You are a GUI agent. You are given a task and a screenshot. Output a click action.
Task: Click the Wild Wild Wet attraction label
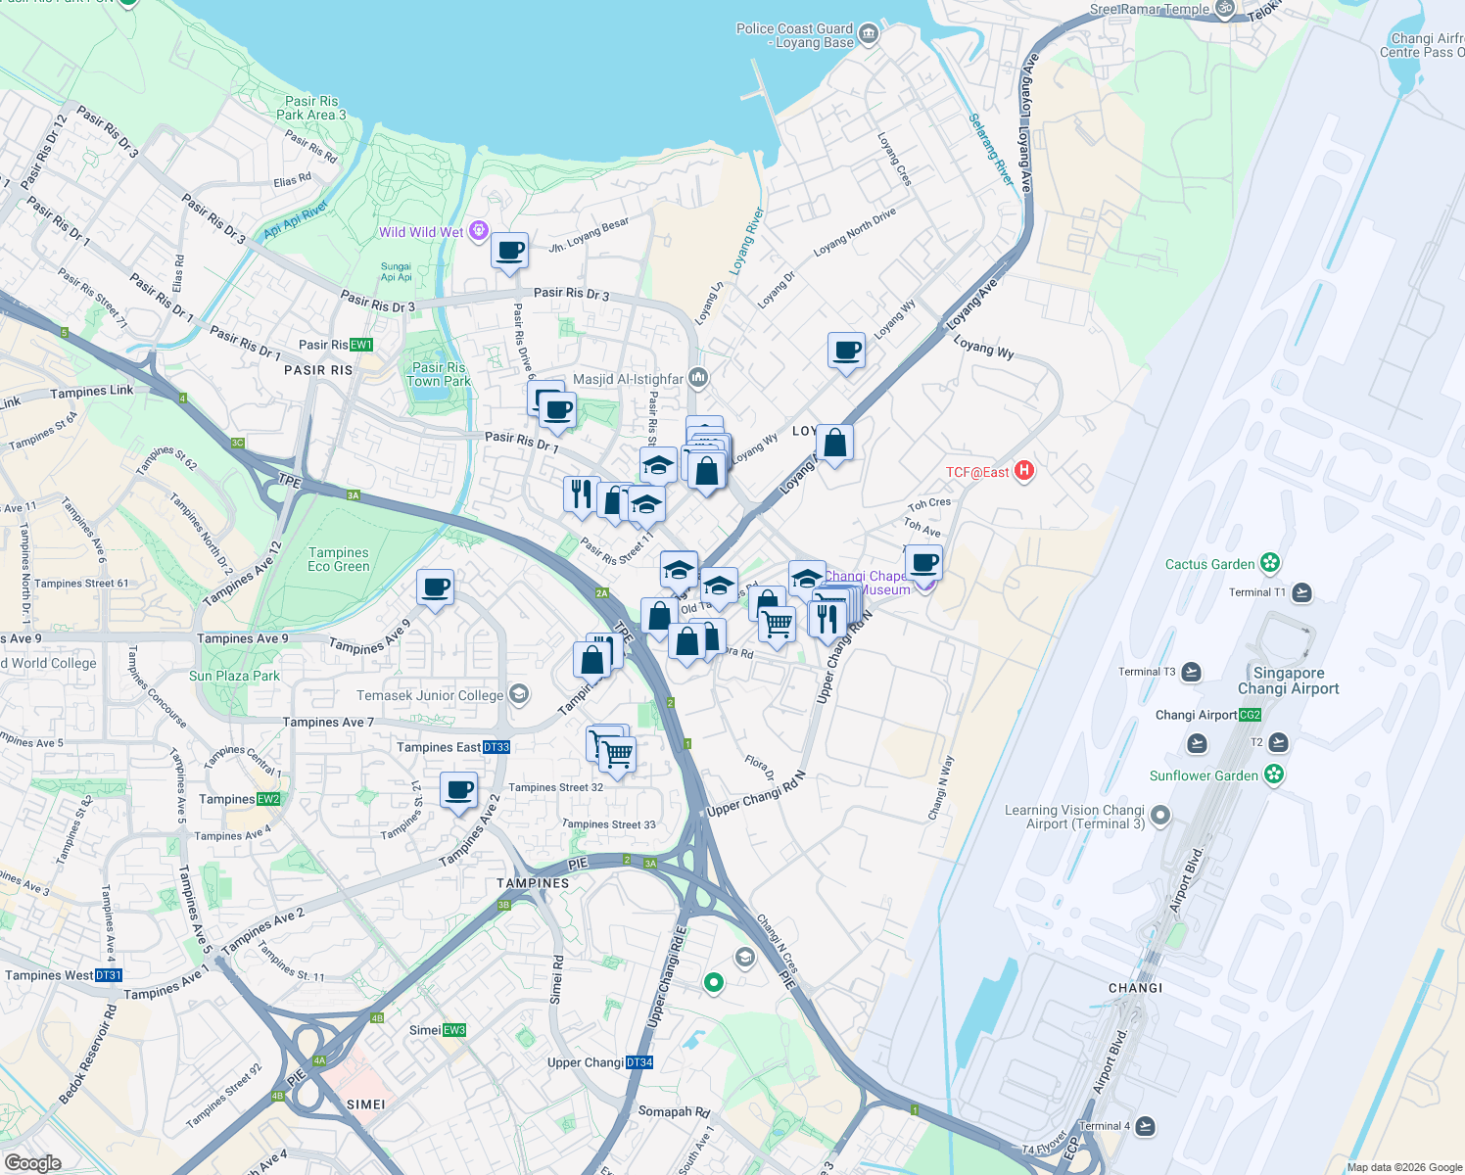tap(421, 232)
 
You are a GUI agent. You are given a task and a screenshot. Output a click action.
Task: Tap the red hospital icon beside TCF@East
tap(1023, 471)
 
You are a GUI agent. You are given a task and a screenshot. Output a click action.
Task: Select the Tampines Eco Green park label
tap(339, 559)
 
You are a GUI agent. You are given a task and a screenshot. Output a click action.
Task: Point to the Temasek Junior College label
tap(430, 695)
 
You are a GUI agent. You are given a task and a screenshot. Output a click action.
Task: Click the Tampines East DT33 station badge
tap(496, 747)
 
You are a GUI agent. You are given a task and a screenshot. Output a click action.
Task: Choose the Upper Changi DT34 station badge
tap(638, 1062)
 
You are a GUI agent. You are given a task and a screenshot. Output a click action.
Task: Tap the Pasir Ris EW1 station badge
tap(361, 345)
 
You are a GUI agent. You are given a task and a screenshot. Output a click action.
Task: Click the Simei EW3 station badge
tap(454, 1030)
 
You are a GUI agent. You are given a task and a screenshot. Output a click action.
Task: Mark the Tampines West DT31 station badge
tap(109, 975)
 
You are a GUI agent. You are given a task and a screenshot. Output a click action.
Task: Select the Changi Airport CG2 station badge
tap(1251, 715)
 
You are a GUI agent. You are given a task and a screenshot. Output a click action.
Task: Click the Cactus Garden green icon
tap(1270, 563)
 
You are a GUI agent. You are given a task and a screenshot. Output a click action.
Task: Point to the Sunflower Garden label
tap(1204, 775)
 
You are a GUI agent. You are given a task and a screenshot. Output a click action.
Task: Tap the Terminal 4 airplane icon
tap(1145, 1126)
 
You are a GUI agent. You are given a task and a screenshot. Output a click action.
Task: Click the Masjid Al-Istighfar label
tap(628, 379)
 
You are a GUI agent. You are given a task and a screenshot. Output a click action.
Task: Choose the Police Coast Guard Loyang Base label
tap(794, 35)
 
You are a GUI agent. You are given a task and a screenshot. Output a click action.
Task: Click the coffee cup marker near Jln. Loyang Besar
tap(509, 251)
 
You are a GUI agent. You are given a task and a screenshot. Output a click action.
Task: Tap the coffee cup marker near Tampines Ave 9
tap(435, 587)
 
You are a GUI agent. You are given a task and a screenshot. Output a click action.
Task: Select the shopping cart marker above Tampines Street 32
tap(616, 754)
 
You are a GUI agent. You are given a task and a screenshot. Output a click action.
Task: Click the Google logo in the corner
tap(32, 1163)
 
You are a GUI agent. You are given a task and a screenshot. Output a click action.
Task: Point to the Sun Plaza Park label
tap(234, 676)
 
